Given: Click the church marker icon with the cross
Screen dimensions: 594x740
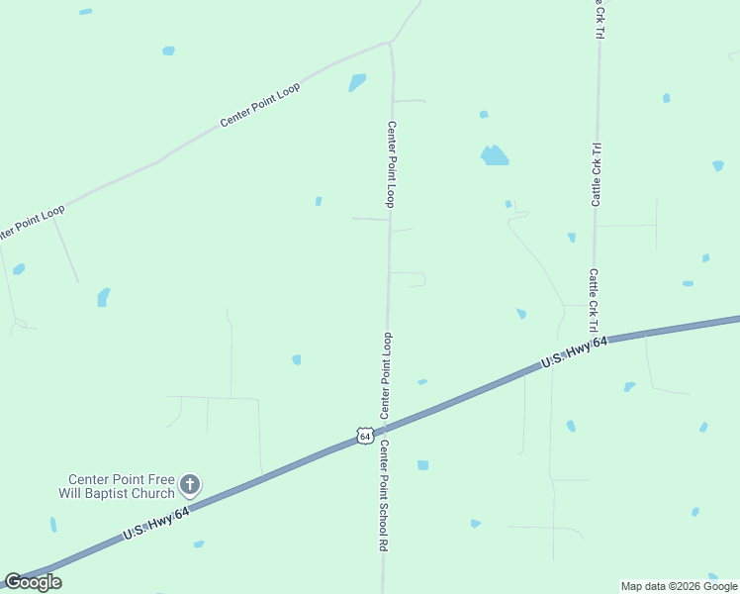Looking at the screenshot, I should tap(190, 485).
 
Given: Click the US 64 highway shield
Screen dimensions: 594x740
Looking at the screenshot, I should tap(364, 436).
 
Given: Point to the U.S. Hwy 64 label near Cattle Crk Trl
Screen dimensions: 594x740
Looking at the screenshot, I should tap(573, 353).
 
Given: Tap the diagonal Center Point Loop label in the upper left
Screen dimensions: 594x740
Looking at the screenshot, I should tap(259, 104).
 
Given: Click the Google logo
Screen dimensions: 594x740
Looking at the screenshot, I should tap(34, 582).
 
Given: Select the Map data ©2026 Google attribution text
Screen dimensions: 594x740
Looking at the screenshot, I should tap(679, 586).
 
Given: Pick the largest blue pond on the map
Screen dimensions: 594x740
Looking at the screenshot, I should tap(494, 155).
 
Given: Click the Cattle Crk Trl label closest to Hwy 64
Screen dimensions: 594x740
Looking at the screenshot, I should tap(594, 300).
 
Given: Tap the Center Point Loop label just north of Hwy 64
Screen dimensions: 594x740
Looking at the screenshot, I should tap(387, 374).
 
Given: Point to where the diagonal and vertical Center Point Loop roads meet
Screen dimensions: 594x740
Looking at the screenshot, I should tap(391, 44).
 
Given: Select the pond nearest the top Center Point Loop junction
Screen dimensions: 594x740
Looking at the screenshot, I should tap(357, 82).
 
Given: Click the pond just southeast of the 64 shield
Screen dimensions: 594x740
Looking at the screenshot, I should tap(422, 464).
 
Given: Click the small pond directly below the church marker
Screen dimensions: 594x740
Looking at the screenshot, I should tap(199, 544).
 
